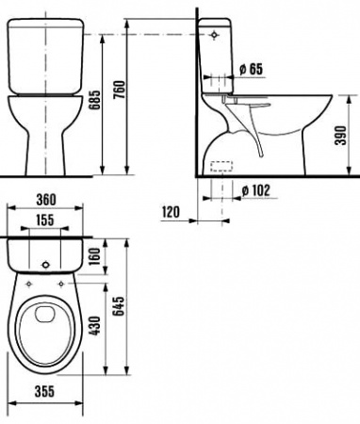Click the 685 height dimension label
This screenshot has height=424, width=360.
tap(94, 100)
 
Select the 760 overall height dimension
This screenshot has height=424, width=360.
tap(120, 90)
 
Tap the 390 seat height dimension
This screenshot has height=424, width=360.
tap(340, 136)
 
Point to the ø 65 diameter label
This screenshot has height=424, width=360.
tap(251, 69)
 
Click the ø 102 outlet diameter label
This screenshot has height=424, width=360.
tap(256, 190)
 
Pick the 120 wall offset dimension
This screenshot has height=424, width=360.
tap(171, 212)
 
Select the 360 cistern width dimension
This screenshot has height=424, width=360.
tap(46, 200)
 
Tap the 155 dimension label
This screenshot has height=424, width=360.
tap(45, 220)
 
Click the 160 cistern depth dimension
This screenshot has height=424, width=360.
tap(94, 256)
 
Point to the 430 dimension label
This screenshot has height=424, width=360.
tap(94, 326)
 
